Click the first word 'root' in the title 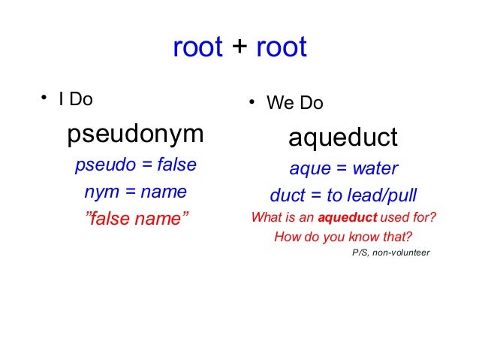197,47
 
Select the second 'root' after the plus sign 282,47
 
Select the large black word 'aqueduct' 343,138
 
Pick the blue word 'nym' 101,192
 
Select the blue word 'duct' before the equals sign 287,196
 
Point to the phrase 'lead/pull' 382,196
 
